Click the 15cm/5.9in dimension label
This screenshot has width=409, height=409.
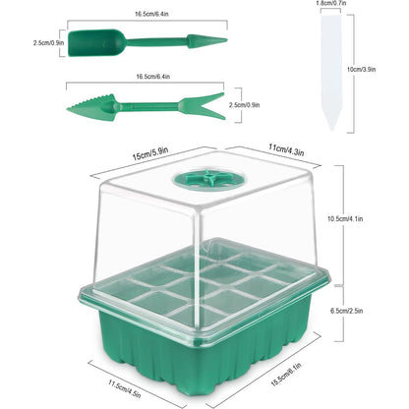[x=150, y=153]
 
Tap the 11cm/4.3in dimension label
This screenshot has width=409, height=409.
[x=286, y=149]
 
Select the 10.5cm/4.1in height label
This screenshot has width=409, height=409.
[x=345, y=218]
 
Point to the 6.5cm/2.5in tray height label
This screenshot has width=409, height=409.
[x=346, y=311]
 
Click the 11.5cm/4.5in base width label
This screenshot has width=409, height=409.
[x=125, y=388]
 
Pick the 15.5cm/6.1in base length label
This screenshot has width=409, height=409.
[x=286, y=375]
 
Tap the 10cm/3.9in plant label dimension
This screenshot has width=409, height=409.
[x=361, y=69]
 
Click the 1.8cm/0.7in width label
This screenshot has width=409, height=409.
[x=331, y=3]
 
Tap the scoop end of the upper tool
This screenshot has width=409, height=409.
[x=96, y=42]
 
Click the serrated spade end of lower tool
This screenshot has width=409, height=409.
[x=91, y=107]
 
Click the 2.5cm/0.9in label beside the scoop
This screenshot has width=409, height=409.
[x=48, y=42]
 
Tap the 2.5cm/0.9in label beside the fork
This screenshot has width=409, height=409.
[x=244, y=105]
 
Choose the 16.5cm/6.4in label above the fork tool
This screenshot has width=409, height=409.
[x=153, y=77]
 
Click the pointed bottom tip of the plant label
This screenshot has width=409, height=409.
[x=332, y=130]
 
